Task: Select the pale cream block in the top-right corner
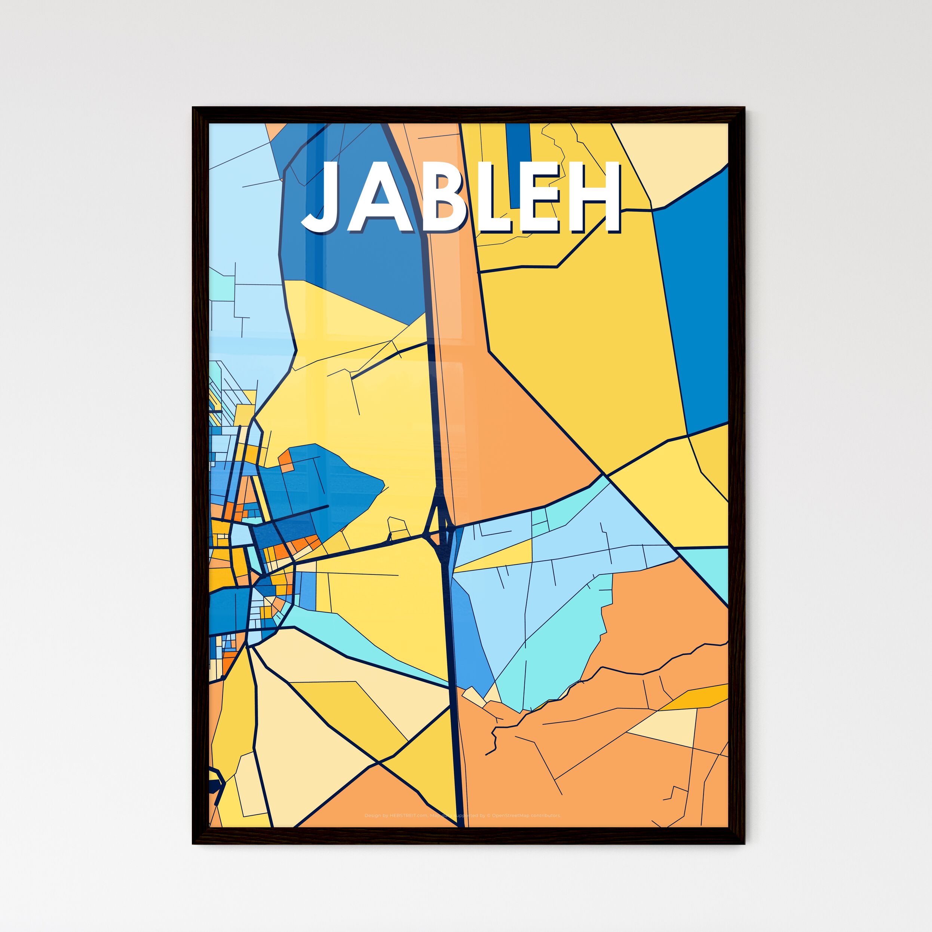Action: click(675, 154)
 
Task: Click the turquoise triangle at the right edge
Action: click(712, 571)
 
